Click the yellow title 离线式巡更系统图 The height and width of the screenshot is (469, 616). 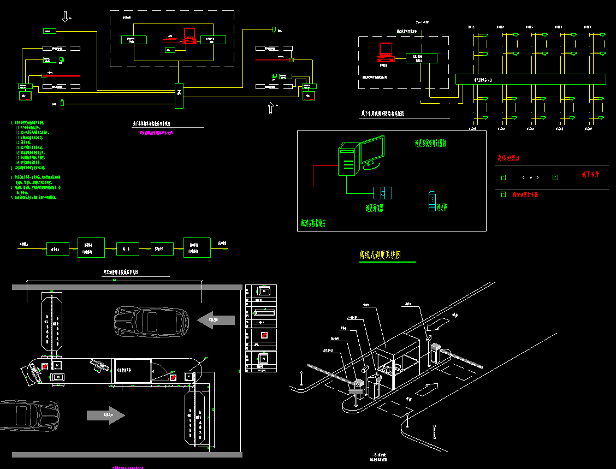coord(387,255)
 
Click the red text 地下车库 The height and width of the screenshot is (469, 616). coord(590,175)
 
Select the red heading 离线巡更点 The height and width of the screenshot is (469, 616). coord(508,158)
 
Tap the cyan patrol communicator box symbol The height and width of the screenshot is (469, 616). coord(382,193)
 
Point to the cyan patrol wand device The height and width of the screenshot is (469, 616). coord(432,201)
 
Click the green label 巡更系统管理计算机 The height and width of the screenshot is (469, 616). coord(431,144)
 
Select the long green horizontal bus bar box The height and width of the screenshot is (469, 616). coord(530,79)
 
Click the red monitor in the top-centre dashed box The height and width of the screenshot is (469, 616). coord(189,35)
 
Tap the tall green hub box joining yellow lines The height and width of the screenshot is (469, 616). coord(179,94)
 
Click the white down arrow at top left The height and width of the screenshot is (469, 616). coord(66,16)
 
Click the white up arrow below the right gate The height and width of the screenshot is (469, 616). coord(271,108)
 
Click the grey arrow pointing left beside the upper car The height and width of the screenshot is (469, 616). coord(216,319)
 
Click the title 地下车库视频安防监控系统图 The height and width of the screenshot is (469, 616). coord(382,114)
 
